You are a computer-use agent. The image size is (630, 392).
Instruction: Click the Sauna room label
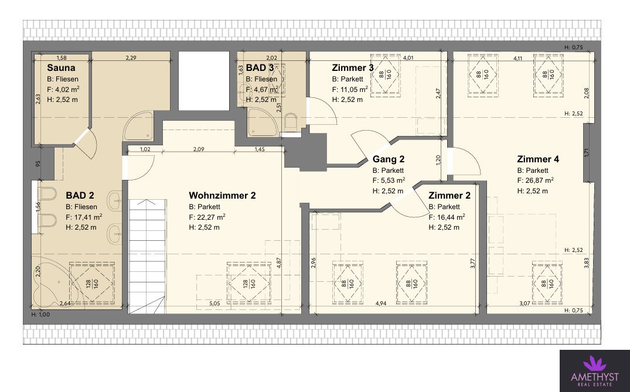pyautogui.click(x=61, y=67)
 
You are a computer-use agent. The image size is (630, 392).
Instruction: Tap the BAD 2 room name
pyautogui.click(x=80, y=196)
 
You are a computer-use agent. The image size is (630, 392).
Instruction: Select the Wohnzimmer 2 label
pyautogui.click(x=222, y=196)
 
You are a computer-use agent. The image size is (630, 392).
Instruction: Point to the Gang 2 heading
pyautogui.click(x=389, y=159)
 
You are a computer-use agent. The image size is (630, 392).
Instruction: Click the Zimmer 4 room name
pyautogui.click(x=538, y=159)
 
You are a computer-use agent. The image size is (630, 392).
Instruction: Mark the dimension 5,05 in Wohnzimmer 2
pyautogui.click(x=214, y=304)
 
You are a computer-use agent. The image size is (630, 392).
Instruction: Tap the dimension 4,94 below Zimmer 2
pyautogui.click(x=381, y=304)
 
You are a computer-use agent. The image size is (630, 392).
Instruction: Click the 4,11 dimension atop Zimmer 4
pyautogui.click(x=518, y=58)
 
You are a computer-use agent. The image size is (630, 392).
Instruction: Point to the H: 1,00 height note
pyautogui.click(x=40, y=315)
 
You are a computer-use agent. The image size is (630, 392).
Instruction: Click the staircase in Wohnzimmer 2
pyautogui.click(x=147, y=256)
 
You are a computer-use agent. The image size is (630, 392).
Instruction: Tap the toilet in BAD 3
pyautogui.click(x=290, y=121)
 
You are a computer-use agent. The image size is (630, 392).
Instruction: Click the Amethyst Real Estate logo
pyautogui.click(x=595, y=371)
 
